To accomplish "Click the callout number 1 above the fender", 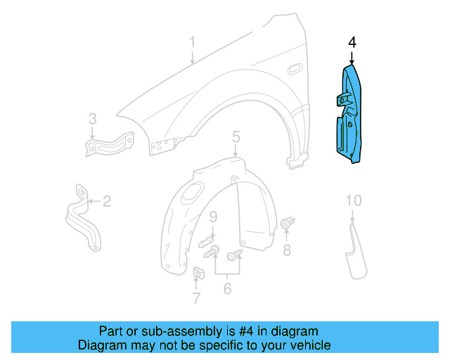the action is pyautogui.click(x=191, y=45).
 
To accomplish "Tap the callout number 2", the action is pyautogui.click(x=106, y=202).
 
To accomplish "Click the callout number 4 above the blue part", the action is pyautogui.click(x=352, y=44).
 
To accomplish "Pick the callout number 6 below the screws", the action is pyautogui.click(x=227, y=288).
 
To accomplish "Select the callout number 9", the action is pyautogui.click(x=212, y=215).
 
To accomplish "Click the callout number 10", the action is pyautogui.click(x=353, y=202).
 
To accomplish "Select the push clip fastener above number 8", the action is pyautogui.click(x=286, y=224).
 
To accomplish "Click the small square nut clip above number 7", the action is pyautogui.click(x=198, y=274).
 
